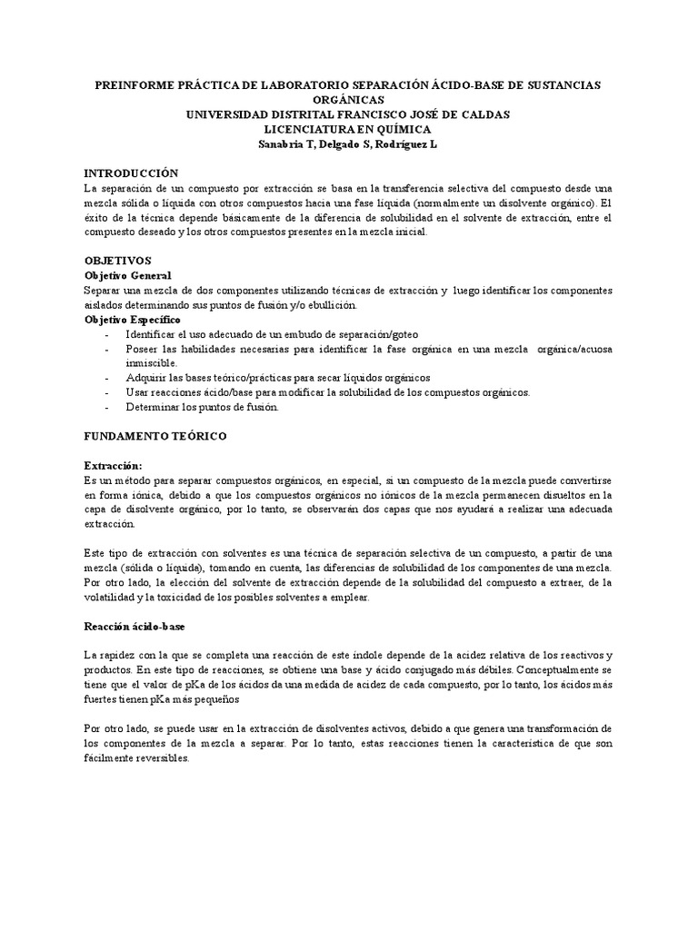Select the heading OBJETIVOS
(118, 261)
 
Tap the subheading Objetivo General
(127, 275)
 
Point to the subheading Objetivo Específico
(132, 320)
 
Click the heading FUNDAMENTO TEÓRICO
(155, 437)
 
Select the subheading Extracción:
(114, 465)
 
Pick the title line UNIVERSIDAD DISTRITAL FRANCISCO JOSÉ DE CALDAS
(348, 114)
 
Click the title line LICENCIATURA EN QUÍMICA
(348, 129)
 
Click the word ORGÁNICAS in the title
(348, 99)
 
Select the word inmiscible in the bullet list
(151, 363)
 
